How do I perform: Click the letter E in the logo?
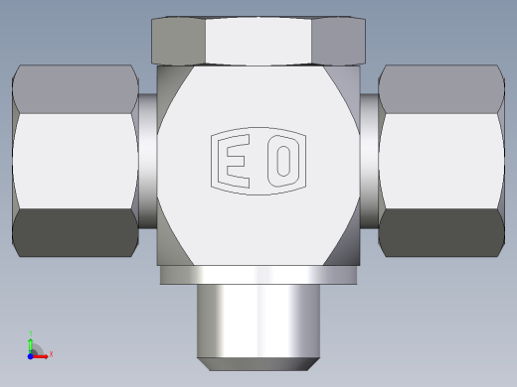point(234,161)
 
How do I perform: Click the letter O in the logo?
point(283,161)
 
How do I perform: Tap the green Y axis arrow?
point(31,344)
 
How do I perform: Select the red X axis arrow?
point(40,356)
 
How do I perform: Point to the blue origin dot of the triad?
point(30,356)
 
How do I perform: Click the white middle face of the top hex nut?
point(258,41)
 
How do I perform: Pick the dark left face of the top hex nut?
point(178,41)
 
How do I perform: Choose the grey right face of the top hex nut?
point(339,41)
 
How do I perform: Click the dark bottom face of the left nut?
point(76,232)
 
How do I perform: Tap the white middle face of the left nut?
point(76,161)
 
